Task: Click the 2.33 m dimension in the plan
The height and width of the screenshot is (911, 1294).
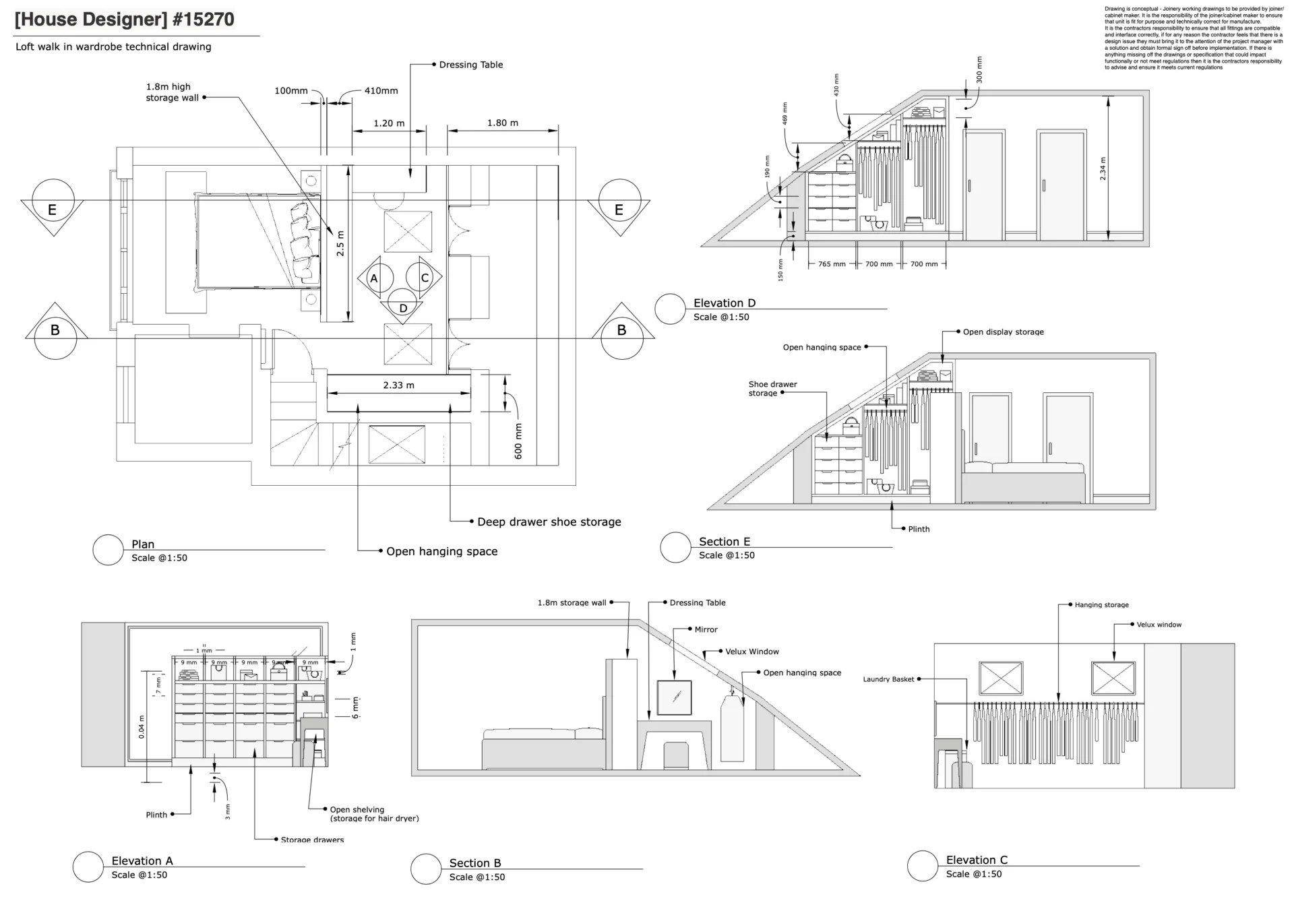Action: (398, 385)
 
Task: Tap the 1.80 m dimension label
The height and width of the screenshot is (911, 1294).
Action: (503, 123)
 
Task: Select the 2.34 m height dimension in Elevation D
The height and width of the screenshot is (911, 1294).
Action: (1103, 168)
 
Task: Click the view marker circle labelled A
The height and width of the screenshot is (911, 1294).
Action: (374, 278)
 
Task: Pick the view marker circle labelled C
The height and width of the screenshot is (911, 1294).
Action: (425, 278)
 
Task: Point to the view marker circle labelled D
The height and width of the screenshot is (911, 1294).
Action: (403, 308)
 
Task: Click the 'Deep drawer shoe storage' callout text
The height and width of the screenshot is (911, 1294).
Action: (549, 522)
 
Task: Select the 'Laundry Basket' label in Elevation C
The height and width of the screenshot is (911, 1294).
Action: (888, 679)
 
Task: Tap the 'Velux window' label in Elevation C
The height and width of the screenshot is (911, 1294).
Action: (1159, 625)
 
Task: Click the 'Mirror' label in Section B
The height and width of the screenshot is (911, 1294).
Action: (706, 629)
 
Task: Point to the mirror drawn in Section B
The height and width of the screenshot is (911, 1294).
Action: (675, 697)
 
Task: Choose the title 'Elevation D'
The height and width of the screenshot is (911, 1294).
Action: (725, 303)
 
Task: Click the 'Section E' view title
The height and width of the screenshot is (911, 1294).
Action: (724, 542)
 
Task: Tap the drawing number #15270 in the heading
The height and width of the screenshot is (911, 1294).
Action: (203, 20)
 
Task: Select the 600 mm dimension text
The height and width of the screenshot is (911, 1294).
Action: (518, 441)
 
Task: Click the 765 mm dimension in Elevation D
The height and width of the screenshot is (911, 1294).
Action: (832, 264)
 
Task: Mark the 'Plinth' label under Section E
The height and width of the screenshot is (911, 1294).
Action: (919, 529)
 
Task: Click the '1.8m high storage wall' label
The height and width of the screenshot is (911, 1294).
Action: (172, 92)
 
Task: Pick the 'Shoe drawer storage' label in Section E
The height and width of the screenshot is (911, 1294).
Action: (772, 389)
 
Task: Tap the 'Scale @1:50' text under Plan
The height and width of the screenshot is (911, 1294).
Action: (159, 558)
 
